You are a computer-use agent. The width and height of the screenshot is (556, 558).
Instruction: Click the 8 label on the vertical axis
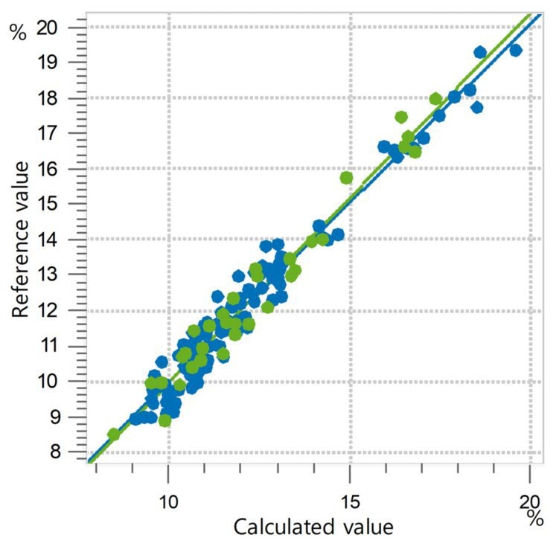pos(65,451)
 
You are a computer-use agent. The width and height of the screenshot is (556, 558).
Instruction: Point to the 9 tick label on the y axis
pos(65,416)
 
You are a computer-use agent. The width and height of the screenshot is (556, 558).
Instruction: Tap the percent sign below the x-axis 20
pos(534,518)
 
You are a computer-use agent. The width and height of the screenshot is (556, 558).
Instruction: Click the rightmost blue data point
pos(515,50)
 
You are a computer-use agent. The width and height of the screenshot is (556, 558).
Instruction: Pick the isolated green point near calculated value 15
pos(346,177)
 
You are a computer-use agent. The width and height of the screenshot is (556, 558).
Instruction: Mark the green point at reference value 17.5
pos(401,117)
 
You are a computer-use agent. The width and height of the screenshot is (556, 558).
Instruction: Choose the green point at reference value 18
pos(435,98)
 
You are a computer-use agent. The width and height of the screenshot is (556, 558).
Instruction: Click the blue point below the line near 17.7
pos(476,107)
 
